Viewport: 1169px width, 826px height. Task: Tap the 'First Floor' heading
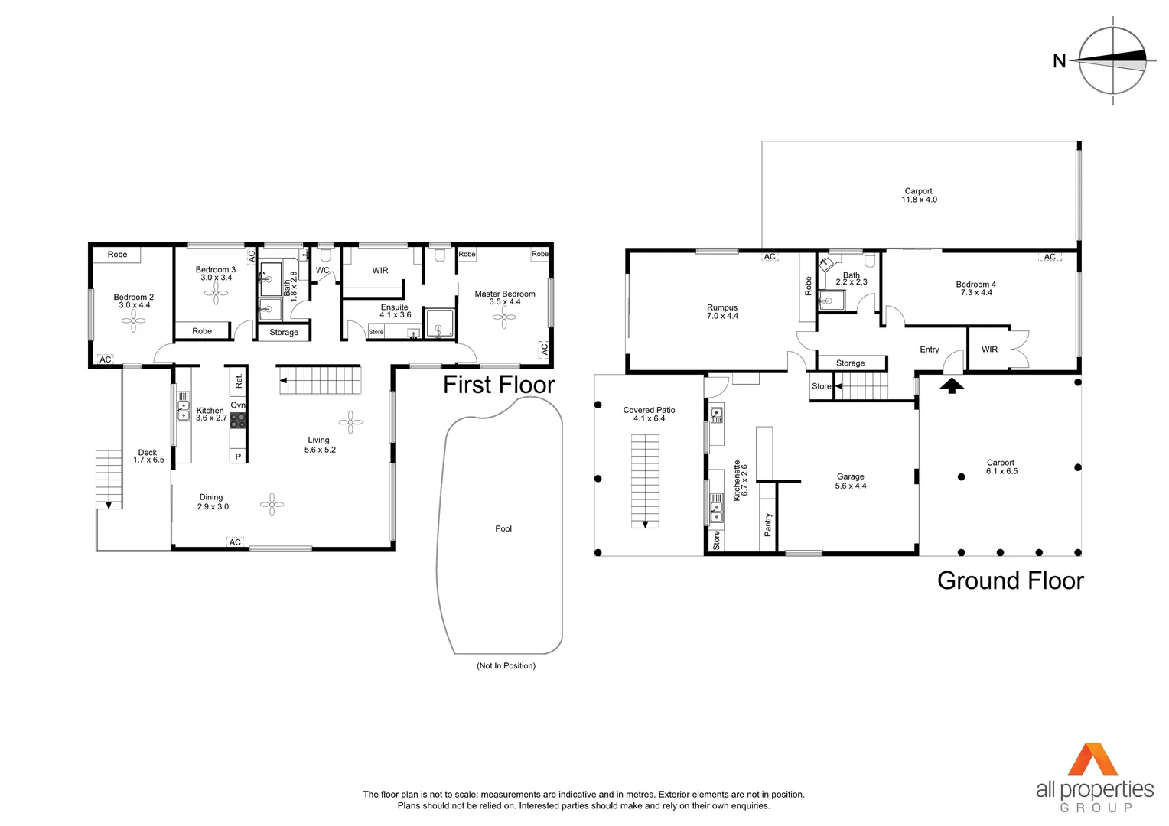point(499,385)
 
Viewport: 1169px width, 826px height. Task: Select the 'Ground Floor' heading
point(1010,581)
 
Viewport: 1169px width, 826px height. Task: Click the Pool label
point(503,528)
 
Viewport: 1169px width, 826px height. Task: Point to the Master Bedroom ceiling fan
point(504,317)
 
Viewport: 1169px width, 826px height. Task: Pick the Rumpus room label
point(722,312)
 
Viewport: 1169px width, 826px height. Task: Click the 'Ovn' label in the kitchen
point(238,405)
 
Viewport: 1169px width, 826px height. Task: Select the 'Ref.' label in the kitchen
point(239,380)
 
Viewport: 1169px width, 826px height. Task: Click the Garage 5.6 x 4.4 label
point(851,481)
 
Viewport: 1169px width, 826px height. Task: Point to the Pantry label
point(768,524)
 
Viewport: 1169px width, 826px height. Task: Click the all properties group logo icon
point(1093,759)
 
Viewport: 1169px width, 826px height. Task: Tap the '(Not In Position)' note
point(506,666)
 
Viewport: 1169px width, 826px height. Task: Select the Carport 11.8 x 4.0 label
point(919,196)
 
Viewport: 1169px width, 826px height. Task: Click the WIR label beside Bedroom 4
point(989,350)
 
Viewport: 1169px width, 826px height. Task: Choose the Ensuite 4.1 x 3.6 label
point(395,311)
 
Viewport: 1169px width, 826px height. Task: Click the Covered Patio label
point(649,415)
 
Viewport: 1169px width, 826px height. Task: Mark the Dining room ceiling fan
point(272,505)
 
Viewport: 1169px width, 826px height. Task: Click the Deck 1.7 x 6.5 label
point(148,457)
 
